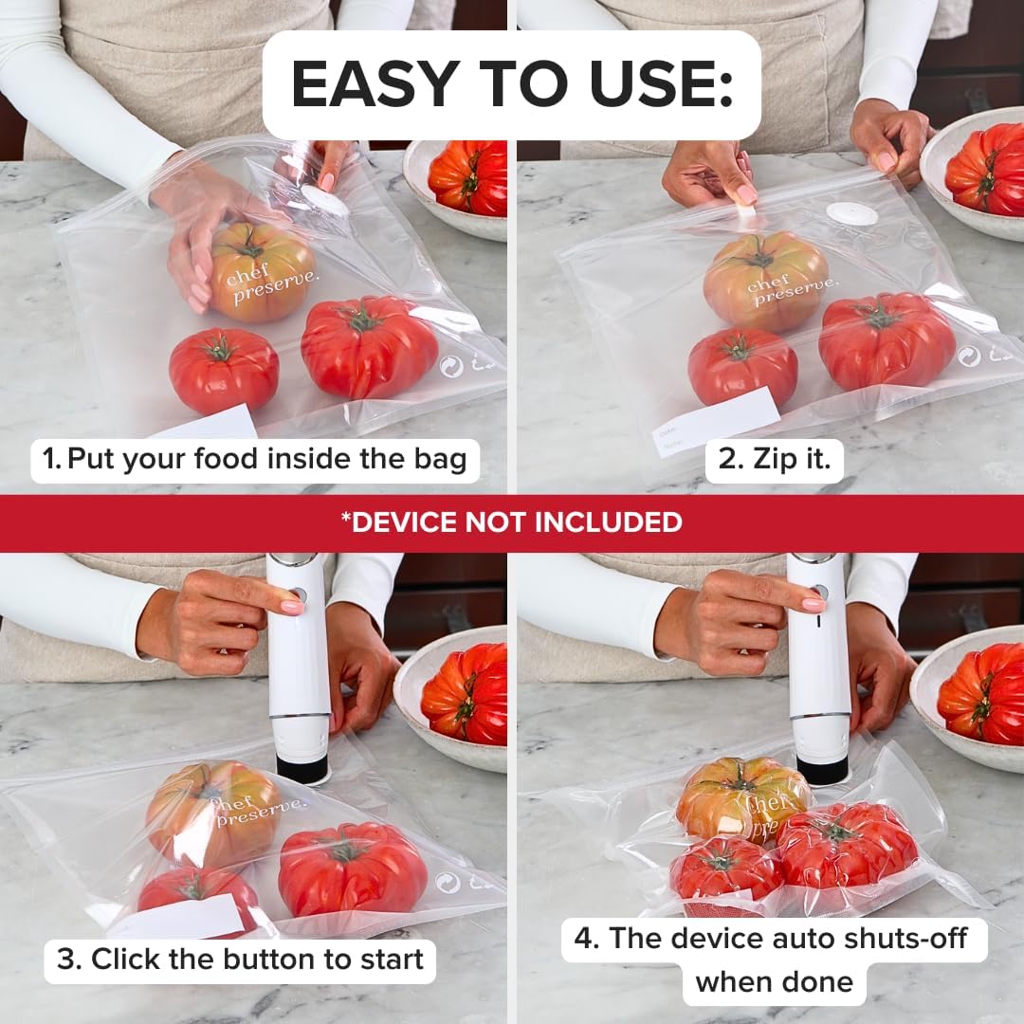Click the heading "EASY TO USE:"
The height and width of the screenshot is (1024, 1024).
(x=511, y=84)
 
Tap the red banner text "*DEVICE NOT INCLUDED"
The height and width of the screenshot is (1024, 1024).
(x=511, y=521)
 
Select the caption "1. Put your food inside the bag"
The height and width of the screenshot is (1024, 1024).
(x=254, y=460)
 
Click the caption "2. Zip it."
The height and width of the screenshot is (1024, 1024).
(x=774, y=460)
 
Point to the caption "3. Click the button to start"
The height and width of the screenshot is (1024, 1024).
(x=240, y=959)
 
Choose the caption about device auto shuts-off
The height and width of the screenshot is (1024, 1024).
(x=775, y=960)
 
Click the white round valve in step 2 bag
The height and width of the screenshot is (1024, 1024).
(x=850, y=214)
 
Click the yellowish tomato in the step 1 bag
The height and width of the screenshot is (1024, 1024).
(x=262, y=271)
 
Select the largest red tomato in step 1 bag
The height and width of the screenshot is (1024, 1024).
(x=369, y=346)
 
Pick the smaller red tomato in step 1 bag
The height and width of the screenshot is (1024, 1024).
(x=224, y=369)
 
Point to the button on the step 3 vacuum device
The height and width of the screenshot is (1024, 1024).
(x=300, y=595)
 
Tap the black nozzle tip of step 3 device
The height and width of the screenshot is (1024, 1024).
(x=302, y=768)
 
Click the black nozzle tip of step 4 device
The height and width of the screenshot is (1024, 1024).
(x=820, y=770)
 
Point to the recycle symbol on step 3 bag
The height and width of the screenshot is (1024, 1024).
(x=448, y=883)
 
